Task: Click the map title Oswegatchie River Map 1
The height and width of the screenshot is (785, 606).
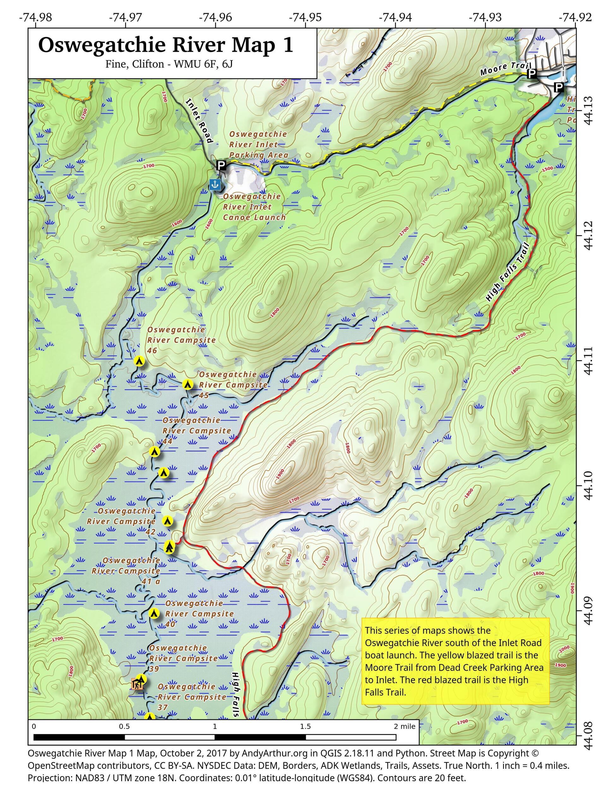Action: coord(166,46)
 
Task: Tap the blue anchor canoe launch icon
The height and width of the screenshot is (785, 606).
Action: coord(214,184)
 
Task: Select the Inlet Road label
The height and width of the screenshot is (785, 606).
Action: coord(200,121)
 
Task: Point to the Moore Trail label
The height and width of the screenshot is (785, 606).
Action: coord(505,69)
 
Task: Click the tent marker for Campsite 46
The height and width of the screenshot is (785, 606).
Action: coord(139,361)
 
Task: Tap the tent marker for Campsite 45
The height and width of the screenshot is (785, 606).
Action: coord(187,384)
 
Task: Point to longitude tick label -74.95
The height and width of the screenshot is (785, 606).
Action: coord(305,17)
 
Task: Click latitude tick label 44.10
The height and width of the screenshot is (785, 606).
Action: coord(588,485)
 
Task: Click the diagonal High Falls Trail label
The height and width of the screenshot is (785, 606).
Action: coord(507,272)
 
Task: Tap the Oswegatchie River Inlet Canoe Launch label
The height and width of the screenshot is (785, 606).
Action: coord(254,207)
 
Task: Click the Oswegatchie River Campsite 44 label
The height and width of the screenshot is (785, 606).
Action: coord(197,430)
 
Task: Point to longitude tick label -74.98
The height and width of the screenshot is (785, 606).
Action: coord(35,17)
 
